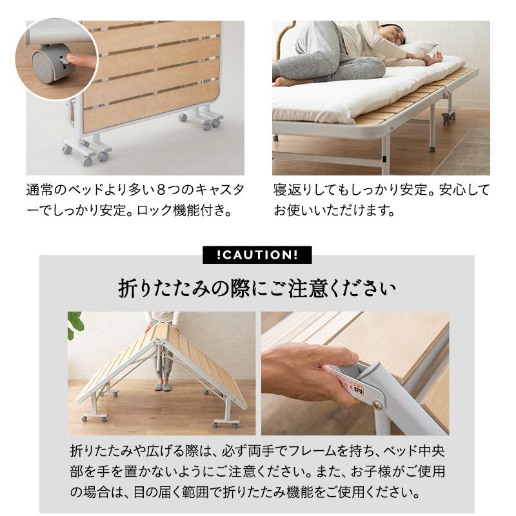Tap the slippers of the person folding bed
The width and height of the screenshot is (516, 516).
point(162,387)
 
